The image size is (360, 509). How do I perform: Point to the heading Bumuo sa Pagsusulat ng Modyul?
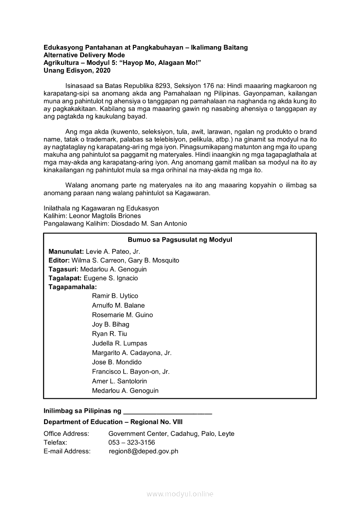pos(180,240)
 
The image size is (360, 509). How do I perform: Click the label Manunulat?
pos(66,251)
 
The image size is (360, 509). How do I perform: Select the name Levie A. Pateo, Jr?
pos(113,251)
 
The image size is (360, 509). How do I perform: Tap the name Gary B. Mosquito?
pos(153,260)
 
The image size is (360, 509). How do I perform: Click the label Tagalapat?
pos(65,278)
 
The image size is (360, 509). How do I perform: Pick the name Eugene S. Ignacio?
pos(111,278)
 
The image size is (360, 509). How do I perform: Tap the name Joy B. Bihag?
pos(111,324)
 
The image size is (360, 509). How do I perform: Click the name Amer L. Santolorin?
pos(119,381)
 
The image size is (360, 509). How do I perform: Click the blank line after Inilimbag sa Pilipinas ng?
pos(168,411)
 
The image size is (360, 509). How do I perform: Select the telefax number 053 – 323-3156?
pos(132,442)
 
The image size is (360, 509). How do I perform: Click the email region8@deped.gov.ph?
pos(143,452)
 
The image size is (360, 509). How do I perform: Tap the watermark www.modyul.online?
pos(180,494)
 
